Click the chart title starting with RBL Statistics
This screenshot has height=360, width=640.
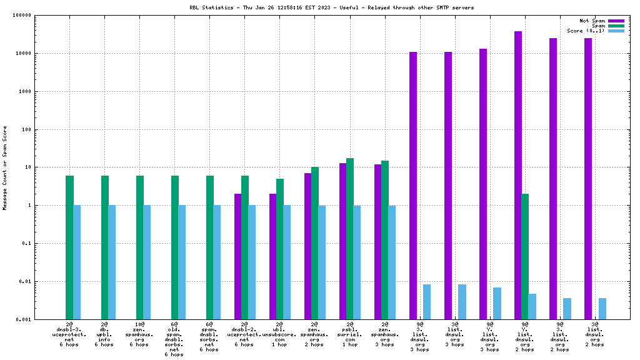coord(322,7)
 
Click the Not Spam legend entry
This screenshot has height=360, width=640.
coord(592,21)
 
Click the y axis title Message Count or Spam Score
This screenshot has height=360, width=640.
coord(5,167)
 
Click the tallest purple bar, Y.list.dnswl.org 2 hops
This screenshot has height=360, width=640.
coord(518,175)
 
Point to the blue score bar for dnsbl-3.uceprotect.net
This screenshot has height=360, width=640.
coord(77,262)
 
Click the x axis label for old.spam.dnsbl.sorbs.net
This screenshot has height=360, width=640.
coord(174,339)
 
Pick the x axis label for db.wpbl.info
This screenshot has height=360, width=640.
coord(104,334)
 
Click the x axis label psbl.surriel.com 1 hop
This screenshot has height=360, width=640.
coord(349,334)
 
